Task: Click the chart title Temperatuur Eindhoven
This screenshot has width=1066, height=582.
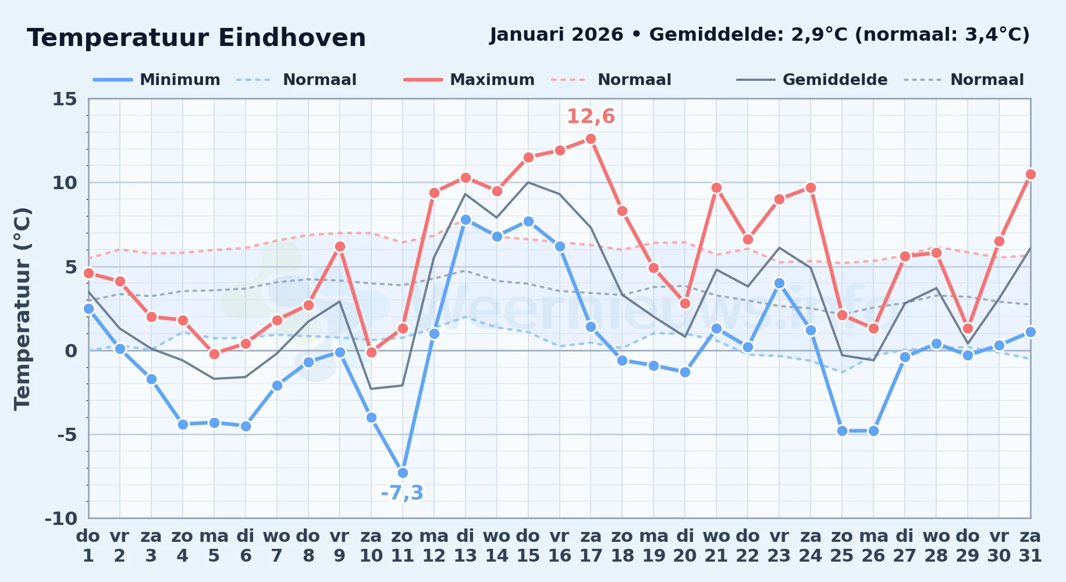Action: pyautogui.click(x=196, y=38)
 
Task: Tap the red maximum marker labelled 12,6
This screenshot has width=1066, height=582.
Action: pyautogui.click(x=591, y=139)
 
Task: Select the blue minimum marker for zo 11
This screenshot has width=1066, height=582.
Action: pyautogui.click(x=403, y=473)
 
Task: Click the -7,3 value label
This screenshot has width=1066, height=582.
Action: pyautogui.click(x=402, y=493)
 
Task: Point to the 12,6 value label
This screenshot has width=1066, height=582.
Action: pyautogui.click(x=591, y=116)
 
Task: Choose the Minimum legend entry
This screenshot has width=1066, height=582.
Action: pyautogui.click(x=157, y=80)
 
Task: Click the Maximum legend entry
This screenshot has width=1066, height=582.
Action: pyautogui.click(x=469, y=80)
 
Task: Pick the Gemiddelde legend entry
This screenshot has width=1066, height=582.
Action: pyautogui.click(x=812, y=80)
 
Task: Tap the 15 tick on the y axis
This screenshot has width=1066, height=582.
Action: pyautogui.click(x=65, y=99)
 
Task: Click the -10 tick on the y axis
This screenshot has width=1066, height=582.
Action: pyautogui.click(x=61, y=518)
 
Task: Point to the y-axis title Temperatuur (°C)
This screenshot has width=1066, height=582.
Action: pyautogui.click(x=22, y=308)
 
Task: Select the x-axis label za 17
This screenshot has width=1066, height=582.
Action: pyautogui.click(x=591, y=546)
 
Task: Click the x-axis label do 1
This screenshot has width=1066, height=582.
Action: pyautogui.click(x=88, y=546)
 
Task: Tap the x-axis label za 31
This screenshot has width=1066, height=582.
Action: pyautogui.click(x=1030, y=546)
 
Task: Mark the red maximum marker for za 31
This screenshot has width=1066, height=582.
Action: pyautogui.click(x=1031, y=174)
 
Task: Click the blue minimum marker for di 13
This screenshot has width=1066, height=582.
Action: pyautogui.click(x=466, y=219)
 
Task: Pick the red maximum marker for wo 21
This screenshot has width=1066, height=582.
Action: pyautogui.click(x=716, y=187)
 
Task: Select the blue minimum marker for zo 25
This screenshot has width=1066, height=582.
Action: pyautogui.click(x=842, y=431)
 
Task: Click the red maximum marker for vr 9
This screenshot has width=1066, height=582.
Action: pyautogui.click(x=340, y=246)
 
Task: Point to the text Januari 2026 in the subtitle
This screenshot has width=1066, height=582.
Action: pyautogui.click(x=556, y=34)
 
